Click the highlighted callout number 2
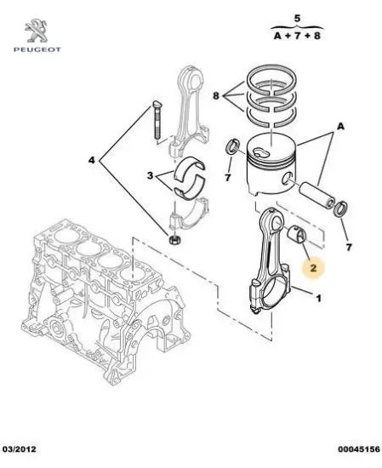(x=313, y=268)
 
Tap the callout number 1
(x=318, y=299)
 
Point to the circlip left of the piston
(x=230, y=152)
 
